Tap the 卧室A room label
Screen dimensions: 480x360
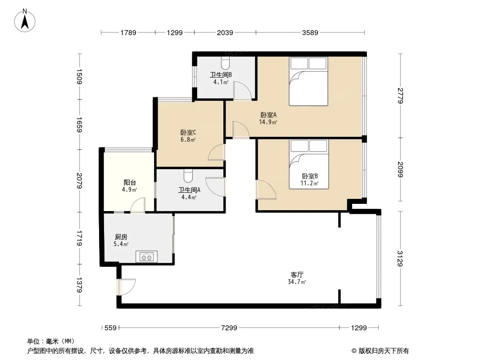[268, 115]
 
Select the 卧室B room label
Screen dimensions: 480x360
[310, 176]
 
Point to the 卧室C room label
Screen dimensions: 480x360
[188, 133]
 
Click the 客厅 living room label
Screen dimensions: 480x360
[297, 274]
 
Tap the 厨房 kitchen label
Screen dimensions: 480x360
[121, 237]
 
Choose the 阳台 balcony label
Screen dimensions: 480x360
[130, 183]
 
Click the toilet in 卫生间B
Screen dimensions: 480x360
[225, 63]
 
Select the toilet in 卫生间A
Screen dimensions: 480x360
[188, 176]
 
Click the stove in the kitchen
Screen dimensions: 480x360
[147, 257]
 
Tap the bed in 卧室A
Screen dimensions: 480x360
[308, 81]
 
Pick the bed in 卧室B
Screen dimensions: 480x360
[309, 164]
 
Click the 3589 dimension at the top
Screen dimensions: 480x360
[310, 32]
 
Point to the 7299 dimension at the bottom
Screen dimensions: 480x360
[229, 328]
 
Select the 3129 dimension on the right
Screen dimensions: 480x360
[400, 258]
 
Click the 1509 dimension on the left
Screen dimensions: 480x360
[79, 77]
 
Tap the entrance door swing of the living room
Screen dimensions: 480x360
[126, 287]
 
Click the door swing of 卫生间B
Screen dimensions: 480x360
[242, 90]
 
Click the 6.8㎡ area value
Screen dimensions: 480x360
[188, 140]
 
